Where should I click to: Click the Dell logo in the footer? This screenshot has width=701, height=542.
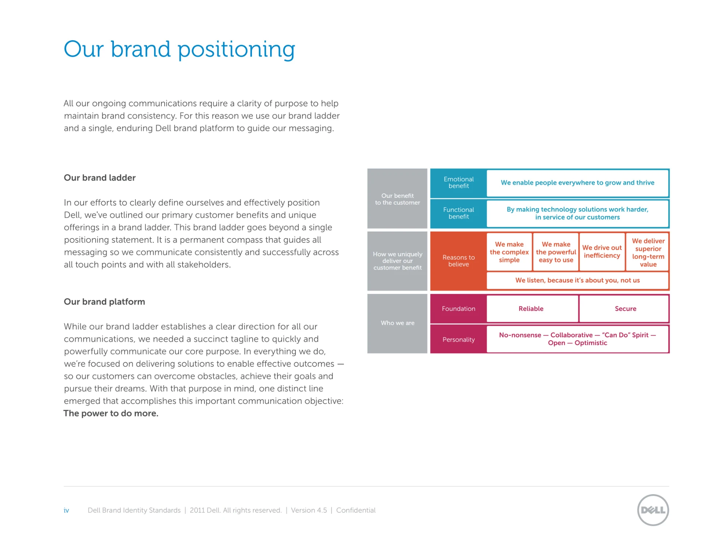653,510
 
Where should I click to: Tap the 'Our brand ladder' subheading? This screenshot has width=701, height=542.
100,178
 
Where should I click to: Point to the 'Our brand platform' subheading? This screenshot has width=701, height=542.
104,302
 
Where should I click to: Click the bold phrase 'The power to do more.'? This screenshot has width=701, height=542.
111,413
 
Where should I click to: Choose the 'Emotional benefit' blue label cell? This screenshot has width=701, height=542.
459,183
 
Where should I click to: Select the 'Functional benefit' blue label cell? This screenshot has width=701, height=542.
459,213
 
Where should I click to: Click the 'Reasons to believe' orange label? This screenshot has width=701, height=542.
459,261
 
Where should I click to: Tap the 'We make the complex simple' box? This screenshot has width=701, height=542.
509,252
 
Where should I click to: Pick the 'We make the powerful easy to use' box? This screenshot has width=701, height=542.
556,252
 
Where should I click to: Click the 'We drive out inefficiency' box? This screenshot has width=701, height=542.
602,252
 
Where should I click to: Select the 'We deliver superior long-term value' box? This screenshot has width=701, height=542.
648,252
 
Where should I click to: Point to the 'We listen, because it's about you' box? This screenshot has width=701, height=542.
578,280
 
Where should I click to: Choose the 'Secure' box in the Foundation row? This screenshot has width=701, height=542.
624,309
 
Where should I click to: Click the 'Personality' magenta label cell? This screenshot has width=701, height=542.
459,340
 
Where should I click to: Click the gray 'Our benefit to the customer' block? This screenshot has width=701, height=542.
397,199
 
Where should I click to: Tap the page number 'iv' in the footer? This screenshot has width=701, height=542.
66,510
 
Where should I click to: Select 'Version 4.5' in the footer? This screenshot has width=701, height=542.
309,510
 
